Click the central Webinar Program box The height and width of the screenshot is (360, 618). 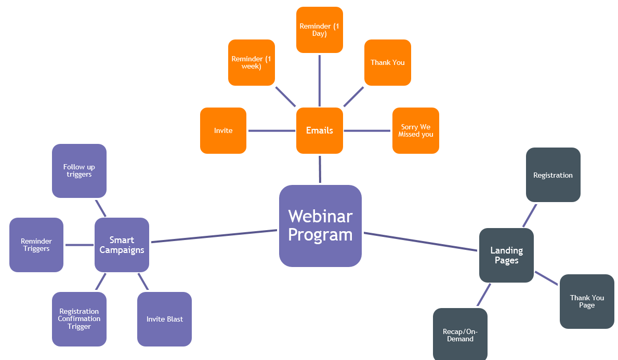click(x=320, y=226)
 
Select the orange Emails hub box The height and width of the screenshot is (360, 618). click(x=320, y=130)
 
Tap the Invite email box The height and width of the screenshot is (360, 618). click(x=223, y=130)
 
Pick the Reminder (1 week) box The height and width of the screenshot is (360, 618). click(x=251, y=62)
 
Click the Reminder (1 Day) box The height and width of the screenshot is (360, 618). click(x=319, y=30)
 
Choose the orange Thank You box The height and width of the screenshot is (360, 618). click(x=387, y=62)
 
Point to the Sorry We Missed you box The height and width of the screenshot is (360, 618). click(x=415, y=130)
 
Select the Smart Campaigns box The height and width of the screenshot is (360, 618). click(x=122, y=245)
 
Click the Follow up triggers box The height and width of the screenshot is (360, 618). click(x=79, y=170)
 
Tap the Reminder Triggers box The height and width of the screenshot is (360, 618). click(x=36, y=245)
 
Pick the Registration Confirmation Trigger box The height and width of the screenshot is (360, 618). click(x=79, y=319)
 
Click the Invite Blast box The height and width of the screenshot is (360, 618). click(x=164, y=319)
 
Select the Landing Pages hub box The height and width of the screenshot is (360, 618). click(x=506, y=255)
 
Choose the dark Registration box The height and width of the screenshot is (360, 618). click(x=553, y=175)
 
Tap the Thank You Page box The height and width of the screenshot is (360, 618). click(x=587, y=301)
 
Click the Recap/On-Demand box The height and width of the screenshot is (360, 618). click(x=460, y=335)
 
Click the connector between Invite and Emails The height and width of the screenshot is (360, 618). click(x=271, y=130)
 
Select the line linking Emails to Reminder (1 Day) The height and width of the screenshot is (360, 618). click(x=319, y=80)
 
